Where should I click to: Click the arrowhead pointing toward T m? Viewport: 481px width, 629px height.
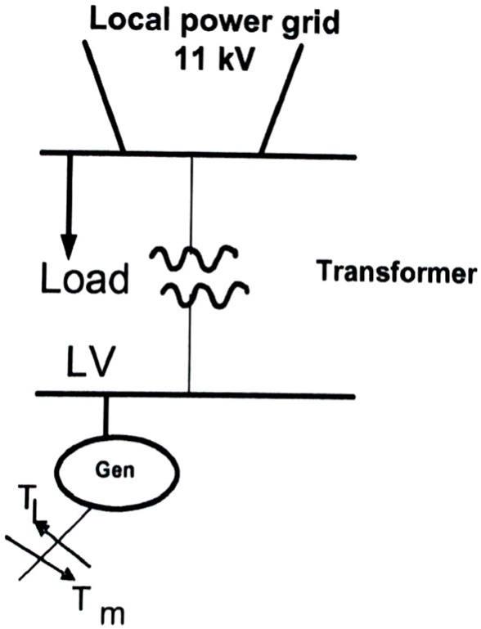point(65,578)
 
